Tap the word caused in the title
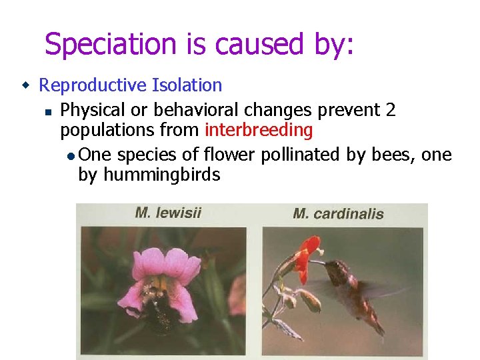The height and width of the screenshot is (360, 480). [256, 45]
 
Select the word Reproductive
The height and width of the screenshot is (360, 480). [93, 85]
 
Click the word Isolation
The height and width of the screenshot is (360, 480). [187, 85]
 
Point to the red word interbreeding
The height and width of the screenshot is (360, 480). [259, 130]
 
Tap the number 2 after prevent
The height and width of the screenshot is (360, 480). [390, 109]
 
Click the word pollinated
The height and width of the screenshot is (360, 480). [301, 155]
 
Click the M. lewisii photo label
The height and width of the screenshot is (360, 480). [168, 213]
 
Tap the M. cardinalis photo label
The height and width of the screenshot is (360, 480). [338, 214]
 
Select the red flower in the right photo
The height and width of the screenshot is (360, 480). [306, 253]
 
